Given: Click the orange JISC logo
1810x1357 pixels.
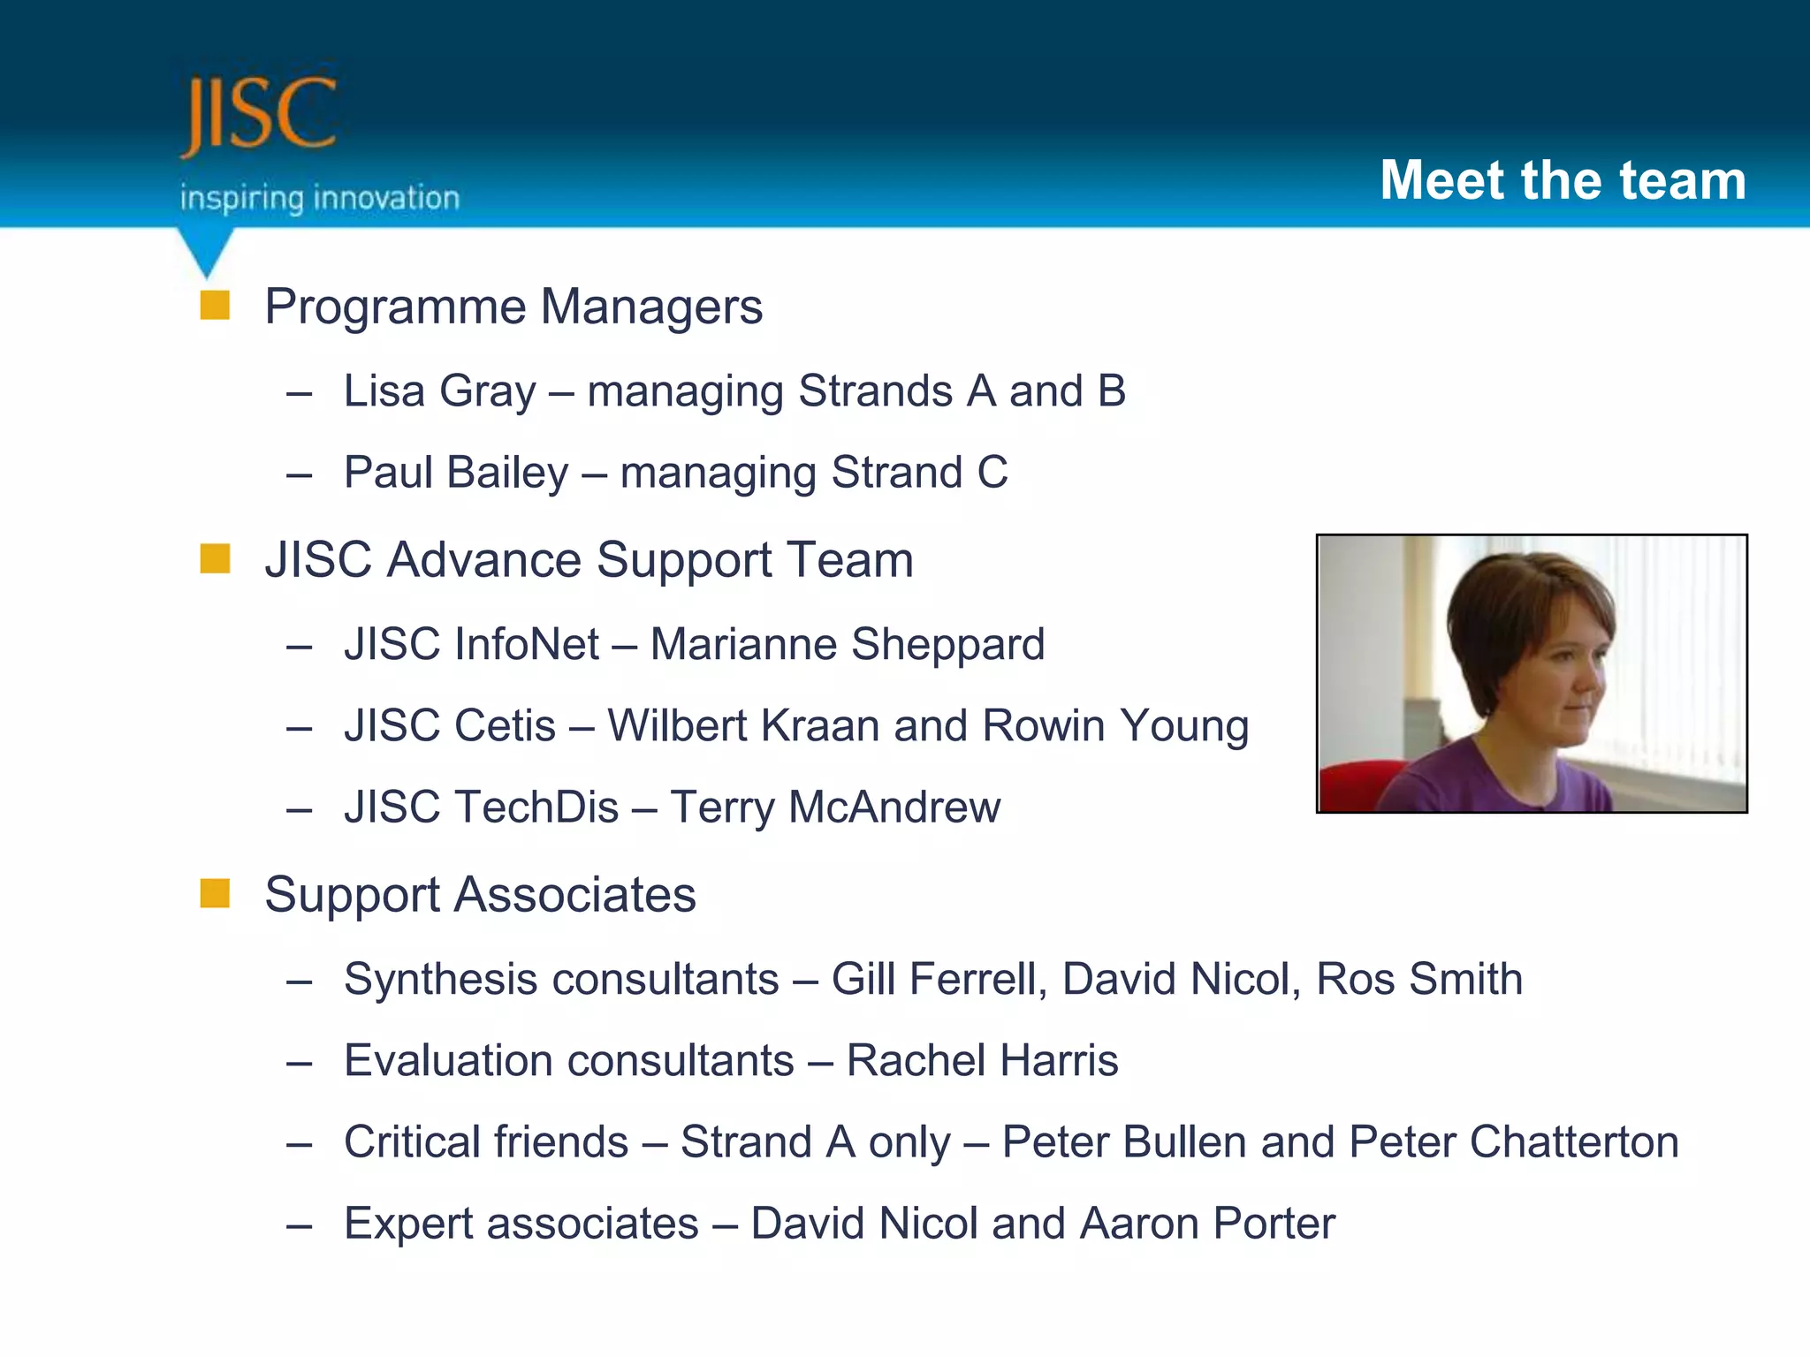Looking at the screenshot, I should point(258,115).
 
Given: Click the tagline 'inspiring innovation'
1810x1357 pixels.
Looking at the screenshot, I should point(320,198).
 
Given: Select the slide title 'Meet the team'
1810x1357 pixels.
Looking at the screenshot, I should point(1563,180).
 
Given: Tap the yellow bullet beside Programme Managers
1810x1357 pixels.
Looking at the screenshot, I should point(215,306).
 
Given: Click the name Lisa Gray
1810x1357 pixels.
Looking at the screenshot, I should point(439,390).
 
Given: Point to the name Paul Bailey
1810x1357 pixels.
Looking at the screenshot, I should point(456,472).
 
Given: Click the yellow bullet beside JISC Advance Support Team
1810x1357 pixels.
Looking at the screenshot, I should point(215,559).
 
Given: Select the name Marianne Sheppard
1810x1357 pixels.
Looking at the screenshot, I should point(847,643).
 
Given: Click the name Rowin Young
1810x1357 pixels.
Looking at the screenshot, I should point(1115,725).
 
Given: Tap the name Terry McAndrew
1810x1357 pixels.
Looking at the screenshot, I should point(835,807).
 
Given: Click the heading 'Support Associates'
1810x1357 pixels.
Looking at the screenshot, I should point(480,894).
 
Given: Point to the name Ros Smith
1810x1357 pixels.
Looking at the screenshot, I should point(1419,979).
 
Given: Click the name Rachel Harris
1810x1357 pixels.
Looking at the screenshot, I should point(982,1060).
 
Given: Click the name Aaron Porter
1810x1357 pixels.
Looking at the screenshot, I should point(1207,1224).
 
